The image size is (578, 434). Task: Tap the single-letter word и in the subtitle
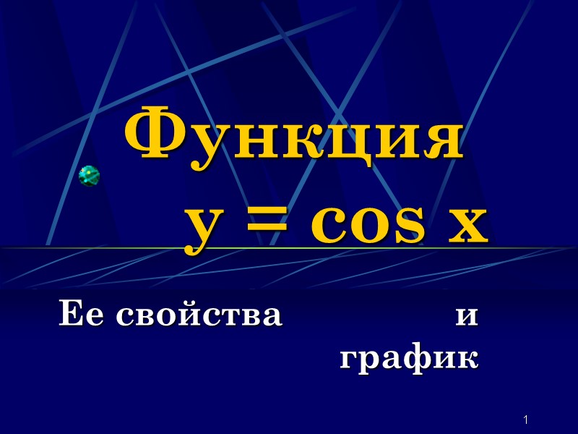[x=467, y=318]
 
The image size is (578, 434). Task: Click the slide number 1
[x=527, y=420]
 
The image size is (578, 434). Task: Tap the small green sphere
[x=89, y=176]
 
